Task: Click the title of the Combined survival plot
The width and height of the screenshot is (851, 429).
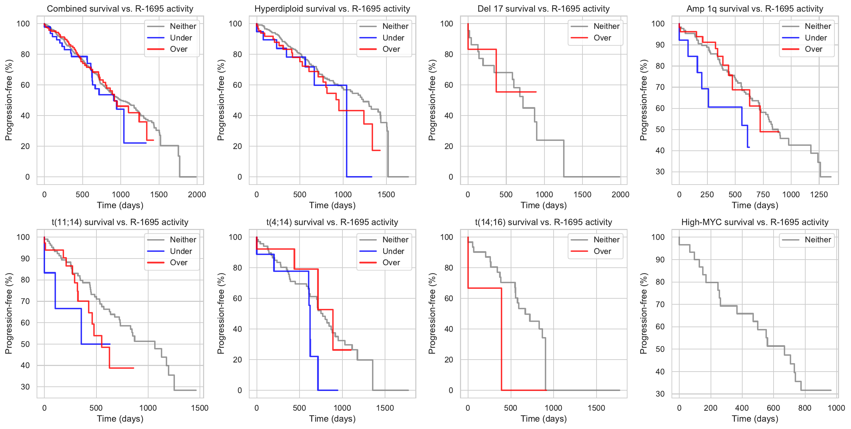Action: [x=120, y=9]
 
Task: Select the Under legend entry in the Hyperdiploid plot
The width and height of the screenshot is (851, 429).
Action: [x=393, y=38]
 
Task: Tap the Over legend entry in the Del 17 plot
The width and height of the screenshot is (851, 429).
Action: [x=602, y=38]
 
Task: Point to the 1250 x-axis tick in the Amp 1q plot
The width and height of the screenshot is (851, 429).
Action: [x=819, y=194]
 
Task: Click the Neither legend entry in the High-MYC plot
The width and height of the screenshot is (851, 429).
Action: [x=818, y=240]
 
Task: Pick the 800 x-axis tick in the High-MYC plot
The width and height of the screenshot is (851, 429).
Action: [x=805, y=408]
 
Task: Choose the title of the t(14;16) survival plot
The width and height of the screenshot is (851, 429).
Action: [x=543, y=222]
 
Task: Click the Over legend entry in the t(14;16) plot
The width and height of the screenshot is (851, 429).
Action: [x=602, y=251]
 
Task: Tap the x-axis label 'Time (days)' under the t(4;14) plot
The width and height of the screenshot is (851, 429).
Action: [x=332, y=419]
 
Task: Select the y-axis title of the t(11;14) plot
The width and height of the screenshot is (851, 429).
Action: [x=8, y=313]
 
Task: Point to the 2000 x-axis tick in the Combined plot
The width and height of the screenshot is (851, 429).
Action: [x=197, y=194]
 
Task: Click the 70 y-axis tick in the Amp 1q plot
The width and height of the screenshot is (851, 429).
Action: [x=660, y=87]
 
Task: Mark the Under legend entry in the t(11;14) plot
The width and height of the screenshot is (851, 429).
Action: [x=181, y=251]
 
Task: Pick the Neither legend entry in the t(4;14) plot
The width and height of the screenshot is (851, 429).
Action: [x=395, y=240]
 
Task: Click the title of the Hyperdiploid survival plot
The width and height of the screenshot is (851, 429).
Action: [x=332, y=9]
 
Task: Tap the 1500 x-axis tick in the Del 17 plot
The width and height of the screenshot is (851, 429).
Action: [x=582, y=194]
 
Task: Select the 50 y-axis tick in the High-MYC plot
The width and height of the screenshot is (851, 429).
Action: [x=660, y=349]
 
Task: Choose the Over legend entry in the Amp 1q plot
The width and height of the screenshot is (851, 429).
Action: [x=813, y=49]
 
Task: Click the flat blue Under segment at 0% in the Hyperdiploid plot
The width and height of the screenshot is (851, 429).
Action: [x=359, y=177]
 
